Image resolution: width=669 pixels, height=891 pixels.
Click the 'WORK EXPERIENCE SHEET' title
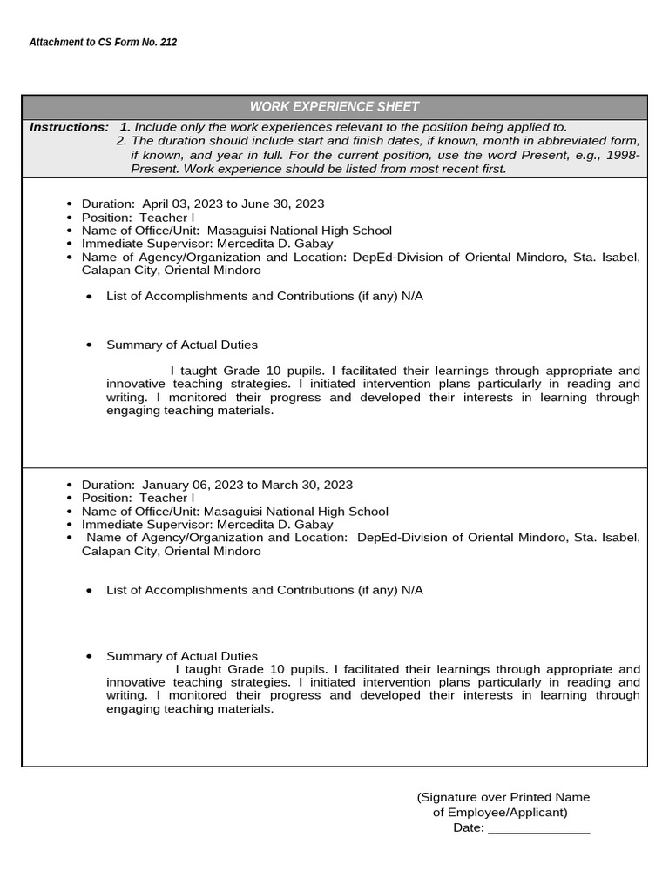(x=334, y=107)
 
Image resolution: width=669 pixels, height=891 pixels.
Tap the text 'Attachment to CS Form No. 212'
(x=103, y=42)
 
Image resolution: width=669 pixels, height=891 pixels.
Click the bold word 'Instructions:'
(x=70, y=127)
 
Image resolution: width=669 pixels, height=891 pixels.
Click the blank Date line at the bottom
(x=538, y=827)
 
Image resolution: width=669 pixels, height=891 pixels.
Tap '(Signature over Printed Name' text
(x=503, y=797)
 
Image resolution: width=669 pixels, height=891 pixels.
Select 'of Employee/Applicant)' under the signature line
(x=500, y=813)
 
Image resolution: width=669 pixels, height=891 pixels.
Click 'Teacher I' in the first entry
(x=167, y=218)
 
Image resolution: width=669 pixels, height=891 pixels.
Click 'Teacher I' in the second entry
(x=167, y=498)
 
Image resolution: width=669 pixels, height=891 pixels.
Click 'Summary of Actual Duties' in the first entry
(x=182, y=345)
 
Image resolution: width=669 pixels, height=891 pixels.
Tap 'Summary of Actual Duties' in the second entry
(x=182, y=656)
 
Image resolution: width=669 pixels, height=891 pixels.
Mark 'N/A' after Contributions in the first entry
(x=412, y=296)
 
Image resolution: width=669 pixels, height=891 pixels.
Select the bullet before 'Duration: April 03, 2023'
(x=70, y=204)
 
